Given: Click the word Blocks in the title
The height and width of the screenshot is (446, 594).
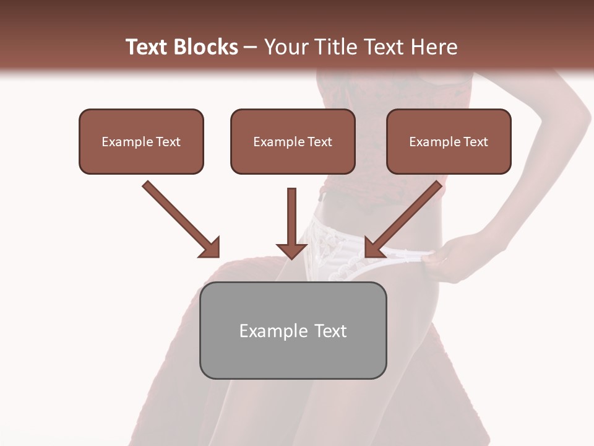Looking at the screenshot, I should pos(205,47).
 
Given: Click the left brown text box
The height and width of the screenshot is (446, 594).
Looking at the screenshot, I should pos(141,141).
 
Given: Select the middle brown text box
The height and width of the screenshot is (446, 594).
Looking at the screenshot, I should pos(293,141).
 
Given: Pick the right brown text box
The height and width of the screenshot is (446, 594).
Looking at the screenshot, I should pos(449,141).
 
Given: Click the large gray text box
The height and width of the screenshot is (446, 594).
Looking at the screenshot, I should pos(293,330).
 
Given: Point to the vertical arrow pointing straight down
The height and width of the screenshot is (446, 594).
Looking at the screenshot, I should pos(291,223).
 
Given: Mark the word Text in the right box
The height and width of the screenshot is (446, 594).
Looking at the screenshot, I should pos(475,142).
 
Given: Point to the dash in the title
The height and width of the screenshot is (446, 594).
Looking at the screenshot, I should pos(251,48).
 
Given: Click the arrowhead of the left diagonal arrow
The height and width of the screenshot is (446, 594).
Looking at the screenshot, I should pos(210,248).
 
